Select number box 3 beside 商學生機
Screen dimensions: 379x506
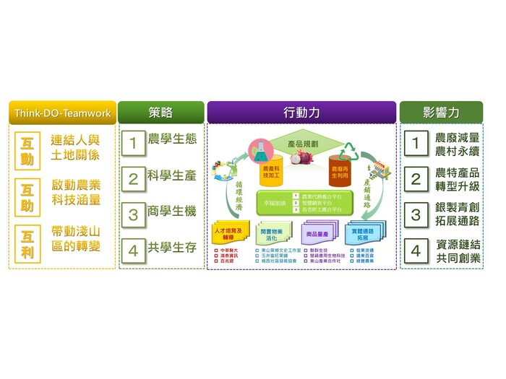133,214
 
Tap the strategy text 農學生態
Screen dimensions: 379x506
171,139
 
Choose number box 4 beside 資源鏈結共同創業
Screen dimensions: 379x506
416,252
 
